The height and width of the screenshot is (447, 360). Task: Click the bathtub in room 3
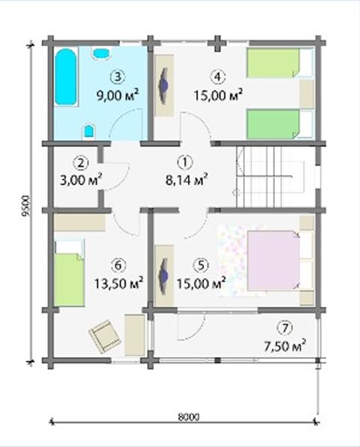click(x=66, y=77)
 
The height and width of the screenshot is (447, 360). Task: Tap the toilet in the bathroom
click(x=89, y=132)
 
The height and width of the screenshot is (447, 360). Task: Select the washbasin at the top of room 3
click(x=101, y=54)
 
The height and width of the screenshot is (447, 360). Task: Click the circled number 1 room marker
click(x=185, y=162)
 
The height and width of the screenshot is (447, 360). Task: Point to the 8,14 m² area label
click(x=186, y=180)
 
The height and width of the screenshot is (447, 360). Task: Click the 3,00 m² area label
click(x=81, y=180)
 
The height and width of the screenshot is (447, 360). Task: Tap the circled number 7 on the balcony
click(x=285, y=329)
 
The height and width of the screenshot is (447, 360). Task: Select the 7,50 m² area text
click(x=285, y=346)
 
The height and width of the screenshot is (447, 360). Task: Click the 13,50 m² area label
click(x=119, y=284)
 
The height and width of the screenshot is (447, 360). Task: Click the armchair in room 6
click(x=104, y=335)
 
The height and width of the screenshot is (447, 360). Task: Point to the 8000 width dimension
click(x=189, y=417)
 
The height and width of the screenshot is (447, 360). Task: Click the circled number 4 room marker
click(x=218, y=77)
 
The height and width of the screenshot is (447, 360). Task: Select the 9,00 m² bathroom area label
click(x=118, y=95)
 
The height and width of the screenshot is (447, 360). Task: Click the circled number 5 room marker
click(x=200, y=265)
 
